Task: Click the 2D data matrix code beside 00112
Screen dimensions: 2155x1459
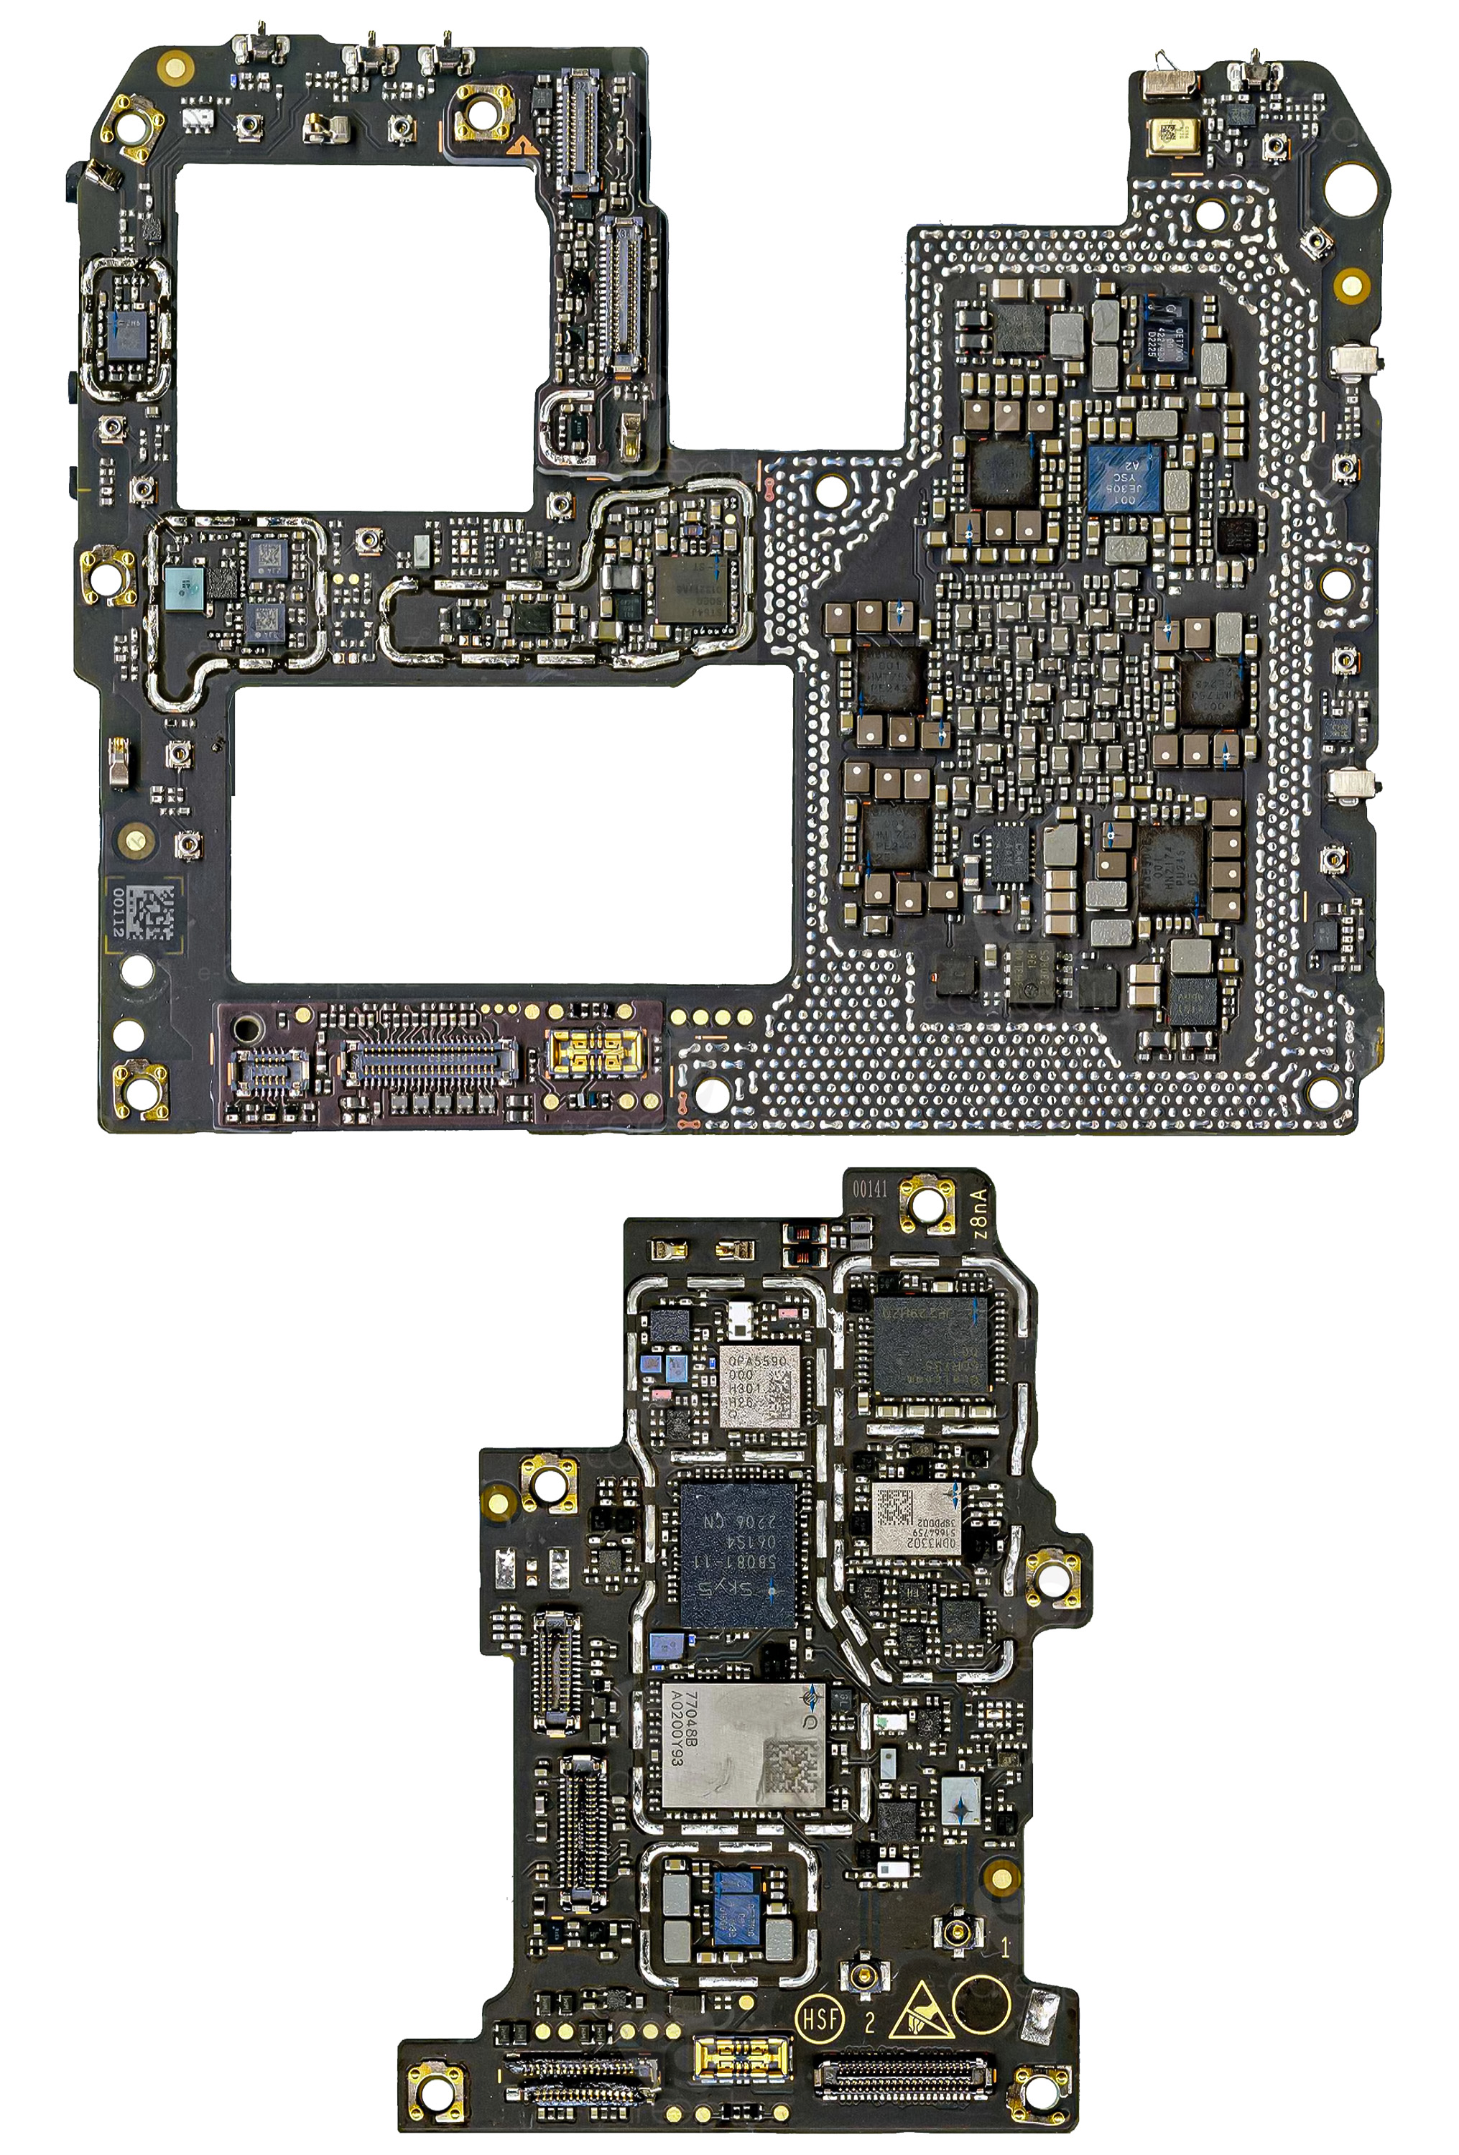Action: (149, 912)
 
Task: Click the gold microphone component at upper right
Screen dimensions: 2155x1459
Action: (1172, 134)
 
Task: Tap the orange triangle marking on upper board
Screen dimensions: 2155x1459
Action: (524, 144)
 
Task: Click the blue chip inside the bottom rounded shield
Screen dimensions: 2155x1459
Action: (737, 1899)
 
